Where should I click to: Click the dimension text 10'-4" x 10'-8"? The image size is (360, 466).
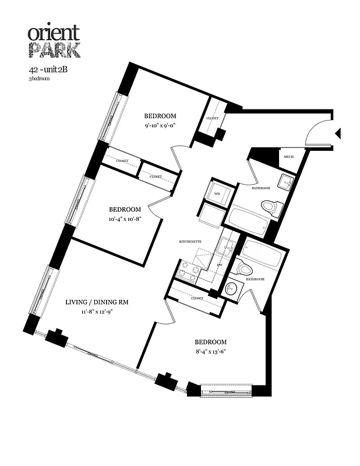pos(125,218)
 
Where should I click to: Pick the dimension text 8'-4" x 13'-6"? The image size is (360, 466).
pos(210,351)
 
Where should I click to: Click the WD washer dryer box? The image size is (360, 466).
pos(217,193)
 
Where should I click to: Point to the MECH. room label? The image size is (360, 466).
pos(289,157)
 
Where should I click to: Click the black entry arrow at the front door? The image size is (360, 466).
pos(337,135)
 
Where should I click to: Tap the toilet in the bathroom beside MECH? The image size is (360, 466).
pos(271,207)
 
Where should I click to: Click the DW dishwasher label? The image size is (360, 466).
pos(220,265)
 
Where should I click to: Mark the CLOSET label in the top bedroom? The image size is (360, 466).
pos(213,118)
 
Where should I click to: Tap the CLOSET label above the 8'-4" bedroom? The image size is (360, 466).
pos(196,298)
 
